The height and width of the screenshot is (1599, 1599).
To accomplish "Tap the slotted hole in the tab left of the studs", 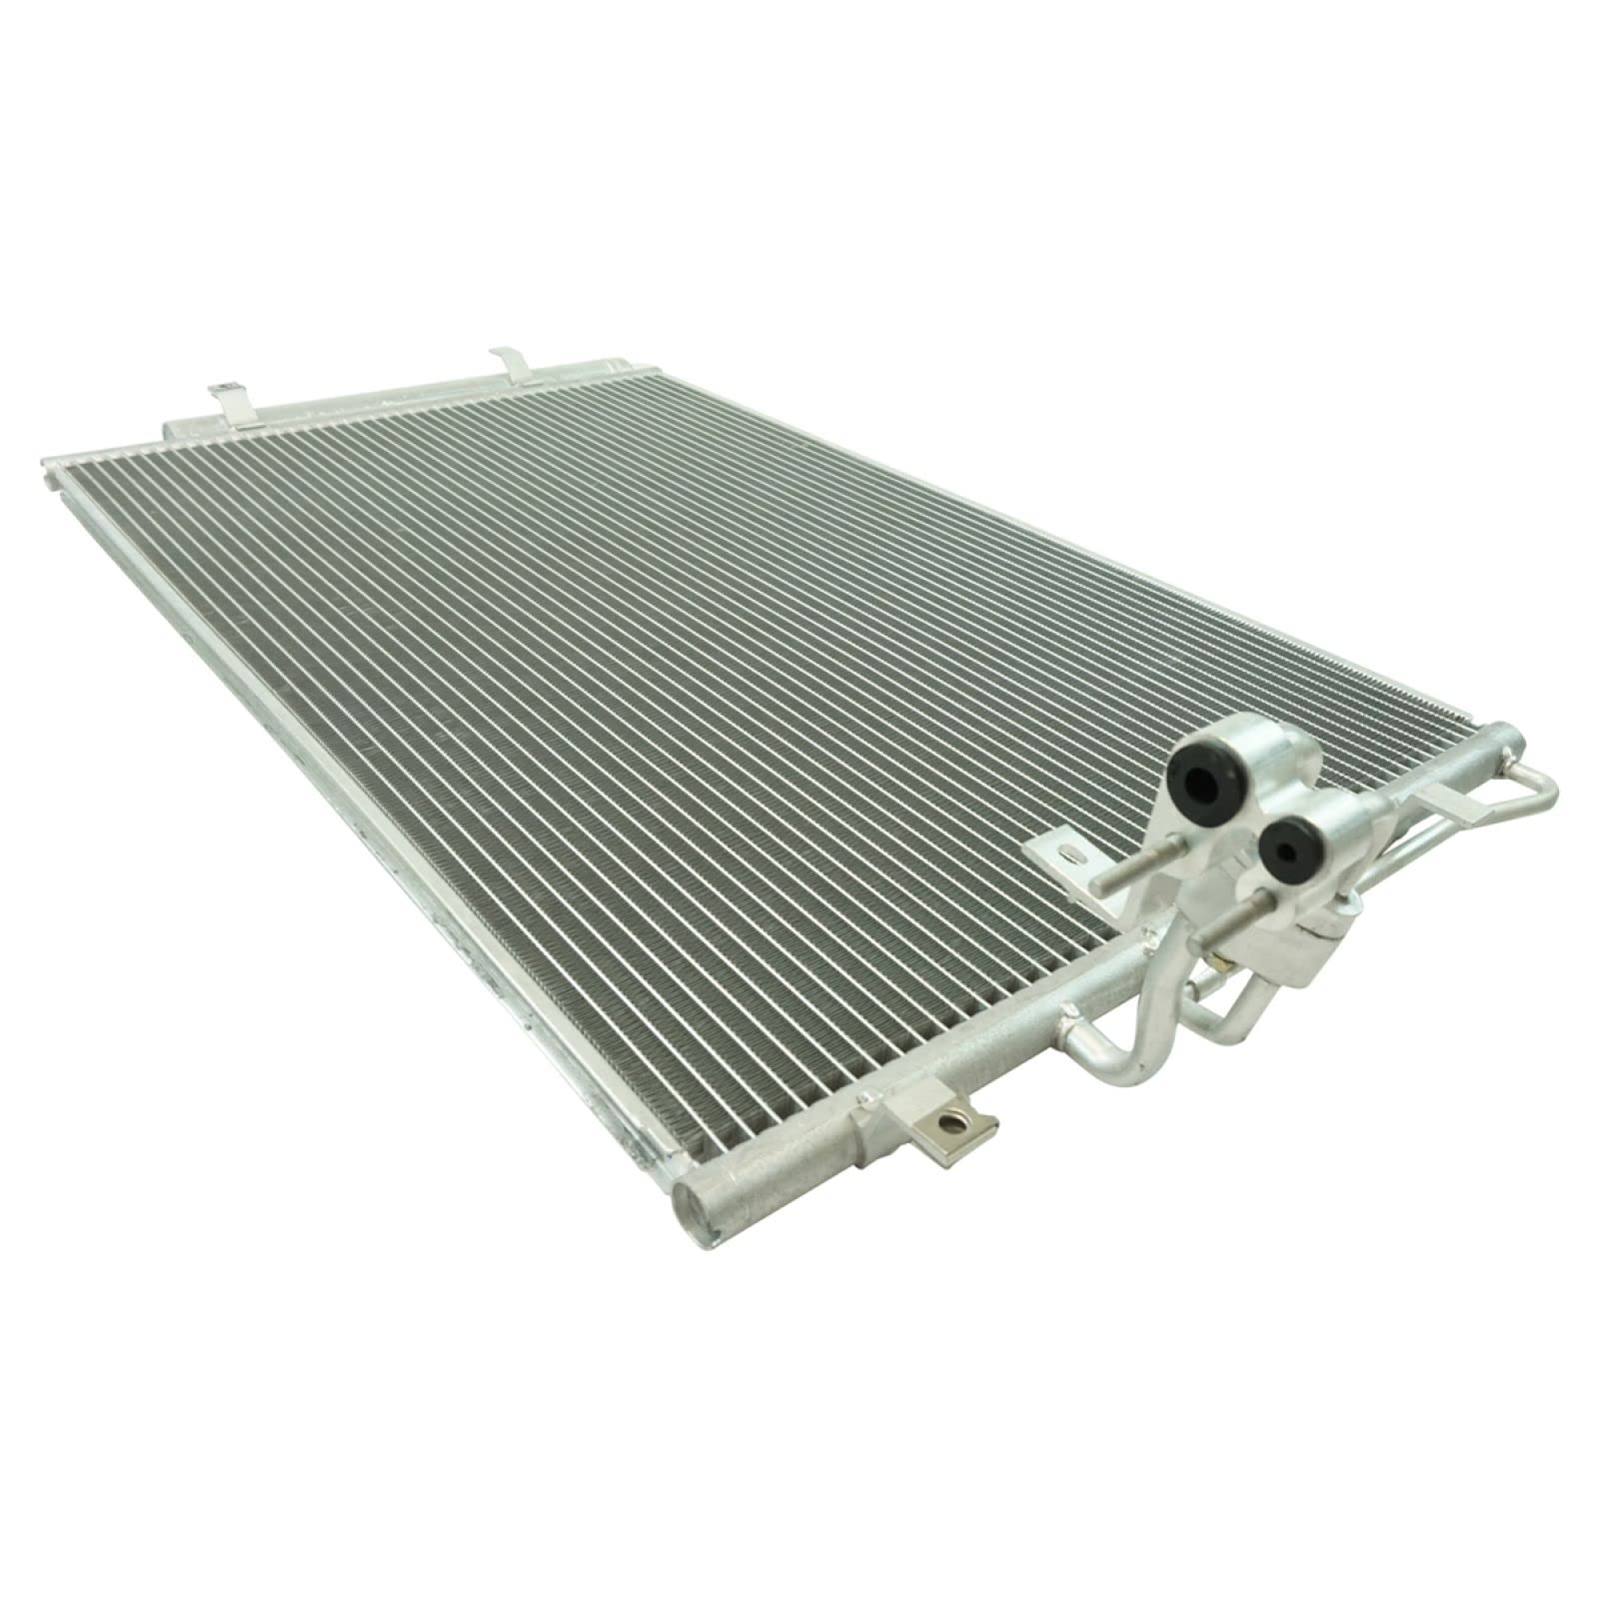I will tap(1070, 852).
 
